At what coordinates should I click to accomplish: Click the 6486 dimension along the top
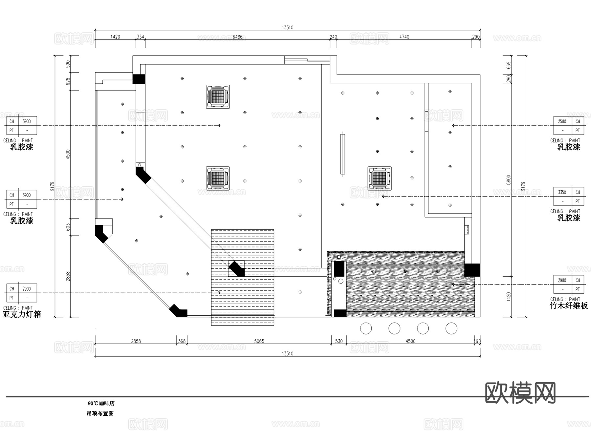pos(237,37)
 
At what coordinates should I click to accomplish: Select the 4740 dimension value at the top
pos(404,37)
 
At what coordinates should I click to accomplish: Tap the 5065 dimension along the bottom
pos(259,341)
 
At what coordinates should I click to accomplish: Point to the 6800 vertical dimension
pos(509,180)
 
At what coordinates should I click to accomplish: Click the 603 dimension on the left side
pos(68,227)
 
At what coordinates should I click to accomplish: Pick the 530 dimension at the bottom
pos(339,341)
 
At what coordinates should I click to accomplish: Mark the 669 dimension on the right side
pos(509,65)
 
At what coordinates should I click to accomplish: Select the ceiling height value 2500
pos(562,121)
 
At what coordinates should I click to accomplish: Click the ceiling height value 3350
pos(562,192)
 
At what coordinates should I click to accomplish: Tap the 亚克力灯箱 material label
pos(22,314)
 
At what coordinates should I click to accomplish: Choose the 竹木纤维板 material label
pos(569,306)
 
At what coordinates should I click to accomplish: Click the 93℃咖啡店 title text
pos(101,403)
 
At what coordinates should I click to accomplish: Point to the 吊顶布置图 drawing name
pos(100,413)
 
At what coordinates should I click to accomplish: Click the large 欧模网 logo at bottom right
pos(520,392)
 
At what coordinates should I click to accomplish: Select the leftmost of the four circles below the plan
pos(366,328)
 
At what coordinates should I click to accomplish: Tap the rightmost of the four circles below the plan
pos(451,328)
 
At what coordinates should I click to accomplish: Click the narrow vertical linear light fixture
pos(343,154)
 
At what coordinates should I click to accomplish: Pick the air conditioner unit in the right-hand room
pos(380,178)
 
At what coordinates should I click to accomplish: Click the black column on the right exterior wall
pos(472,270)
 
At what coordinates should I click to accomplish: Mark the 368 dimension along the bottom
pos(182,341)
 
